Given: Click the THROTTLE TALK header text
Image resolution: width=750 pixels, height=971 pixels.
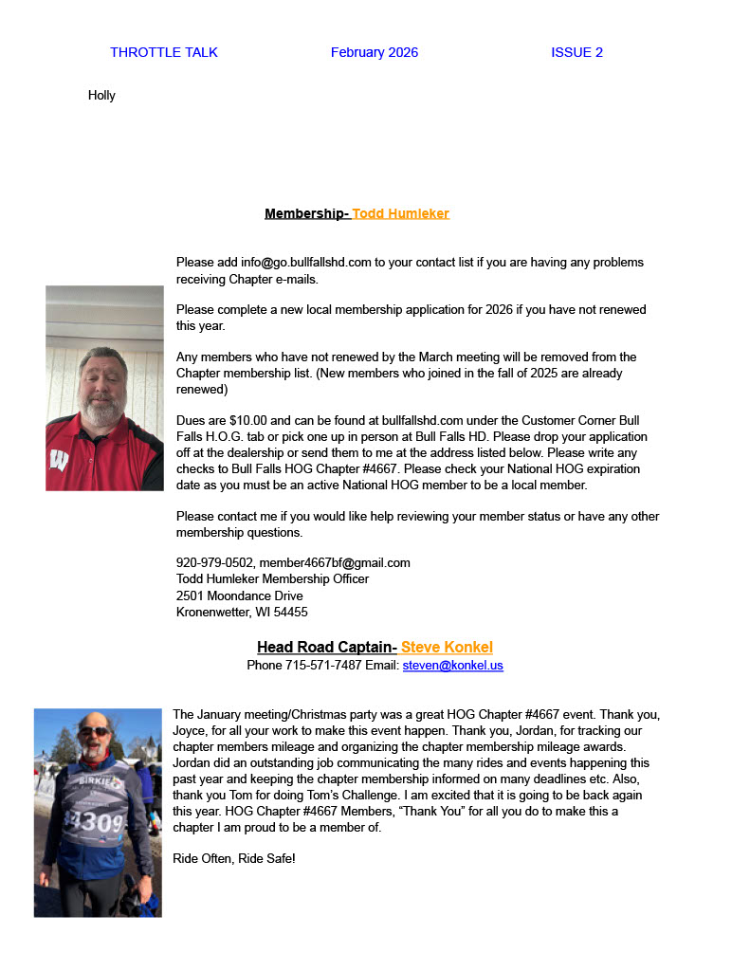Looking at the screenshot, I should coord(163,52).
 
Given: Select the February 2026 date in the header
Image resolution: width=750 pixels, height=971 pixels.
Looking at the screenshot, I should coord(374,52).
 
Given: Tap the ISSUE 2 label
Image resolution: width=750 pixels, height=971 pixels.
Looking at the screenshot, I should coord(576,52).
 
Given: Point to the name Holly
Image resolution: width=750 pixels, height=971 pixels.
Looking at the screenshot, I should coord(101,95).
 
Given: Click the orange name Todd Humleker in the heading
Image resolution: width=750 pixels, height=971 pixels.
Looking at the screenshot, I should coord(400,213).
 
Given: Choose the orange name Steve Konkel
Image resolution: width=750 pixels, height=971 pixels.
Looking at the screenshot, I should coord(447,647).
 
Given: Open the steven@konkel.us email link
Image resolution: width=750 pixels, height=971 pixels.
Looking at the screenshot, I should coord(452,665).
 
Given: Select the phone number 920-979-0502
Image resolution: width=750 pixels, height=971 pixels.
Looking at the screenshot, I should coord(214,562).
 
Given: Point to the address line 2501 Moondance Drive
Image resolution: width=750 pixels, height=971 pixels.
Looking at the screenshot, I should coord(239,595).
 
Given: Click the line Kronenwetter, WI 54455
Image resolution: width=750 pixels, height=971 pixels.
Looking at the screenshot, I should coord(242,612).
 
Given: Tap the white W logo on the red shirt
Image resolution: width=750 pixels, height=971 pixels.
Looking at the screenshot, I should coord(59,461).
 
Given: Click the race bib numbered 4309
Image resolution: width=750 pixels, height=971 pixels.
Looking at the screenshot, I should coord(97,821).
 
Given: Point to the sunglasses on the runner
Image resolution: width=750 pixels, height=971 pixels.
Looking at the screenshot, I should coord(93,731).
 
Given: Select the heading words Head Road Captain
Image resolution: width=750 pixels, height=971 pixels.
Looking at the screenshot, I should coord(325,647).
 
